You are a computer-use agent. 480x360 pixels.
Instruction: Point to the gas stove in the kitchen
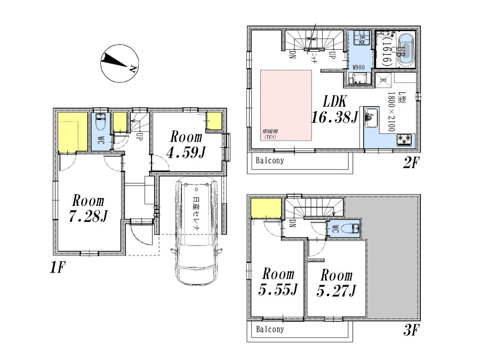click(404, 140)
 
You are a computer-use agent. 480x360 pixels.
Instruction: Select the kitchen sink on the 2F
click(372, 118)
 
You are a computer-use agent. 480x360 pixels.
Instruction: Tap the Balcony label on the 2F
click(269, 161)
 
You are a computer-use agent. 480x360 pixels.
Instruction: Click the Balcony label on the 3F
click(269, 329)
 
